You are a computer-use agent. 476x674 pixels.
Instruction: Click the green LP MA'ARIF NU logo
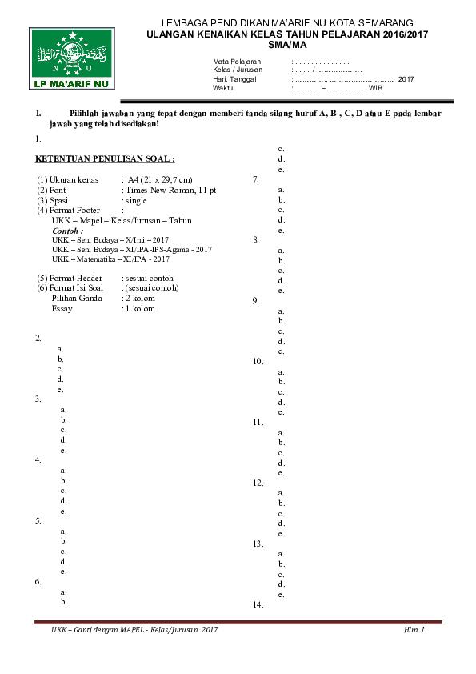pyautogui.click(x=71, y=58)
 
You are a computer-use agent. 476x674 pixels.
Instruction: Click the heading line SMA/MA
pyautogui.click(x=287, y=46)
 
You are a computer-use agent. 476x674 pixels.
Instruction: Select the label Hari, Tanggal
pyautogui.click(x=234, y=79)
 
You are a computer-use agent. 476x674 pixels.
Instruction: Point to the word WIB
pyautogui.click(x=376, y=88)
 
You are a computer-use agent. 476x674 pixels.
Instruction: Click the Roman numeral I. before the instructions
pyautogui.click(x=38, y=114)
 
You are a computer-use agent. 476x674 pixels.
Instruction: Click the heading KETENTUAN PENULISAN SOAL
pyautogui.click(x=106, y=158)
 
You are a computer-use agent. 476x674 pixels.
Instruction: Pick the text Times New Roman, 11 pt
pyautogui.click(x=169, y=190)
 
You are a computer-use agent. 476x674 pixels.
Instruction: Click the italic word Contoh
pyautogui.click(x=67, y=230)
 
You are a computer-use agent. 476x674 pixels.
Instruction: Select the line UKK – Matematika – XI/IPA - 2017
pyautogui.click(x=110, y=259)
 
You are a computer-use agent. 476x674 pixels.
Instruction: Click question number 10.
pyautogui.click(x=258, y=362)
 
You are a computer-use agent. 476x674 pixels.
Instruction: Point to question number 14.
pyautogui.click(x=258, y=605)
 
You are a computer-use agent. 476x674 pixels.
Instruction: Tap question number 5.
pyautogui.click(x=38, y=520)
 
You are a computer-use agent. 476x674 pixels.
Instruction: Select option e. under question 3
pyautogui.click(x=63, y=451)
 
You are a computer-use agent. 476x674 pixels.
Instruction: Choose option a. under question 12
pyautogui.click(x=281, y=493)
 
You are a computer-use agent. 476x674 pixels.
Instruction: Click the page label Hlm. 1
pyautogui.click(x=414, y=632)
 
